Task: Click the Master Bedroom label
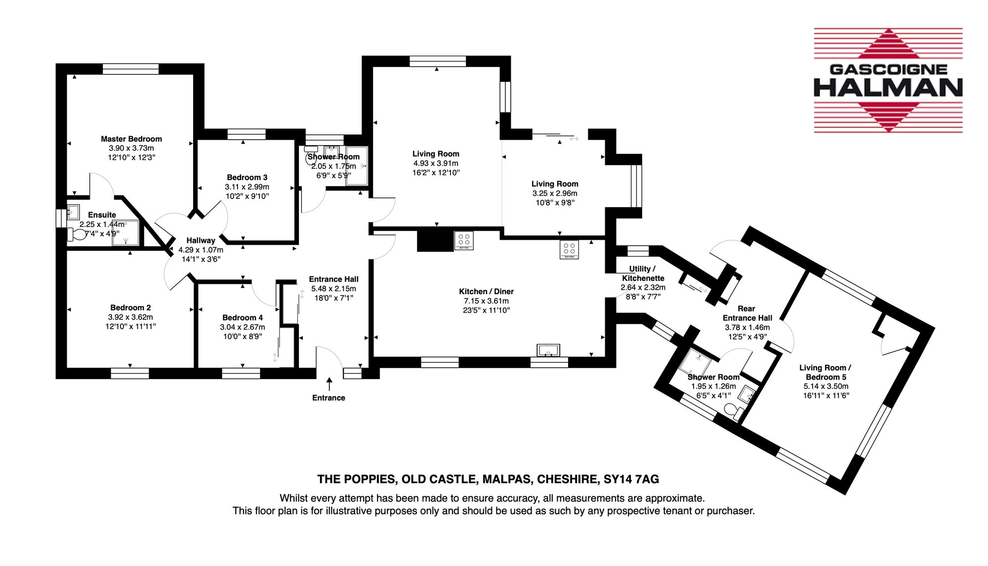coord(131,139)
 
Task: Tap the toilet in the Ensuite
coord(76,234)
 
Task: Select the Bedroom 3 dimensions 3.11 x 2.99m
coord(247,187)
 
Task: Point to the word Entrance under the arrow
coord(329,398)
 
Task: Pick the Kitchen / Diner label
coord(487,292)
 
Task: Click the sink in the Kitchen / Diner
coord(548,350)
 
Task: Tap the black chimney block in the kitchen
coord(435,241)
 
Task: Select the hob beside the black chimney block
coord(464,240)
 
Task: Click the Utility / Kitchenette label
coord(643,273)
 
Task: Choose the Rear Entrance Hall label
coord(747,313)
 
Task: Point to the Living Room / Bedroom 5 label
coord(825,373)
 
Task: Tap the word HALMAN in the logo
coord(888,88)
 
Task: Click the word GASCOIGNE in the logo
coord(888,70)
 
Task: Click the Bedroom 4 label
coord(243,318)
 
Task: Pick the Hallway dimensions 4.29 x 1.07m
coord(201,250)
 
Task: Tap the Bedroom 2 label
coord(130,308)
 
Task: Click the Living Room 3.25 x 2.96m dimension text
coord(555,193)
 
